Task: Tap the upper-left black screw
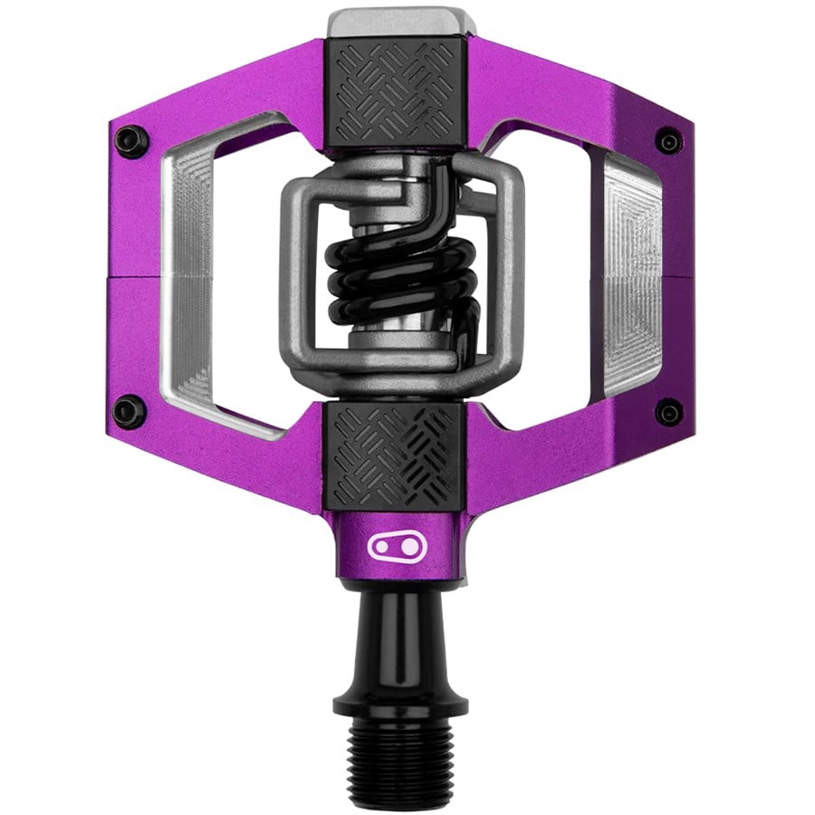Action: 131,140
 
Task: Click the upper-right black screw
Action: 668,140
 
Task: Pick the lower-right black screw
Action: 668,412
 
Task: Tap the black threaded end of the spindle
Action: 399,765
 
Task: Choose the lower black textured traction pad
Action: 395,457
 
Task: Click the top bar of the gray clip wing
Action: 398,167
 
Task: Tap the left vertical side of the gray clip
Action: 292,272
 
